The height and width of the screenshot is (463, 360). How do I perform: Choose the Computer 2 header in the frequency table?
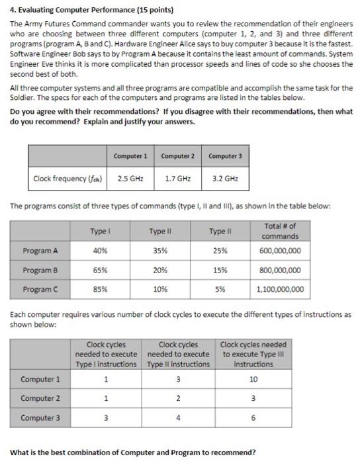point(177,155)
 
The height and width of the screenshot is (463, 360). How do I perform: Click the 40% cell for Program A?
point(99,251)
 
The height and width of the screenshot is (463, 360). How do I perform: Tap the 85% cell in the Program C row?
point(99,289)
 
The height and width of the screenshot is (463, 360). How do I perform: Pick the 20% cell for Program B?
point(159,270)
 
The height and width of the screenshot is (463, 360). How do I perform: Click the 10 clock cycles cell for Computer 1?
point(253,380)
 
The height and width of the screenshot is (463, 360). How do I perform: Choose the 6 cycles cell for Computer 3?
point(253,419)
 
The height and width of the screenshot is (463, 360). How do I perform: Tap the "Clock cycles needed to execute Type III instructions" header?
point(253,355)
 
